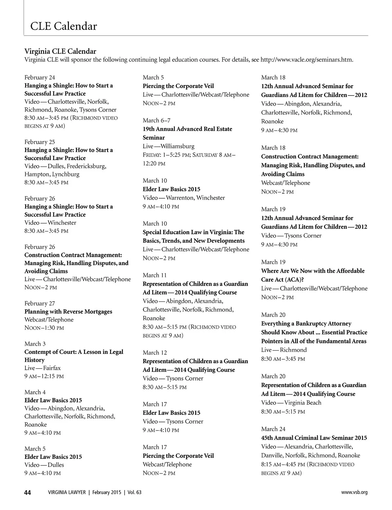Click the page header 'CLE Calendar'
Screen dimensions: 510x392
click(63, 26)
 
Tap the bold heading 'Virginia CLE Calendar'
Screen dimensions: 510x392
click(60, 51)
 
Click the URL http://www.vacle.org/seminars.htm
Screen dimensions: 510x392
click(307, 60)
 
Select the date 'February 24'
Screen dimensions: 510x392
click(40, 77)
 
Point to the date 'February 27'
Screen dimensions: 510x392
click(40, 303)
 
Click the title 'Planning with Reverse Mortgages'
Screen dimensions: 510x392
click(68, 311)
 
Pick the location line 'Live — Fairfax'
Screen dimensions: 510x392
click(42, 368)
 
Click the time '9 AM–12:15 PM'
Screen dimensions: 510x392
click(44, 376)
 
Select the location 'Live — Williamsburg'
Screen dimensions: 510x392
click(169, 146)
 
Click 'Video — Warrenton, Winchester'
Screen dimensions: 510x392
click(184, 198)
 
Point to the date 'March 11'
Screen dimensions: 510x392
click(155, 275)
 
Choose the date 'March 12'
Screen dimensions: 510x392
click(155, 352)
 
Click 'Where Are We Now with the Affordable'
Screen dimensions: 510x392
click(313, 271)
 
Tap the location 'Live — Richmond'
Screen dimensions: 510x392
click(284, 350)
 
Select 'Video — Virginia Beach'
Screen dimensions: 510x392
click(291, 402)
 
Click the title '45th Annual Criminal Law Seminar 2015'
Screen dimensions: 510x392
click(314, 438)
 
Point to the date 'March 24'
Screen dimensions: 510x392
click(273, 429)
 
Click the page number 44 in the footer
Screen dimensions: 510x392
click(27, 492)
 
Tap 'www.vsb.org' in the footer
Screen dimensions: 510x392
click(354, 492)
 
